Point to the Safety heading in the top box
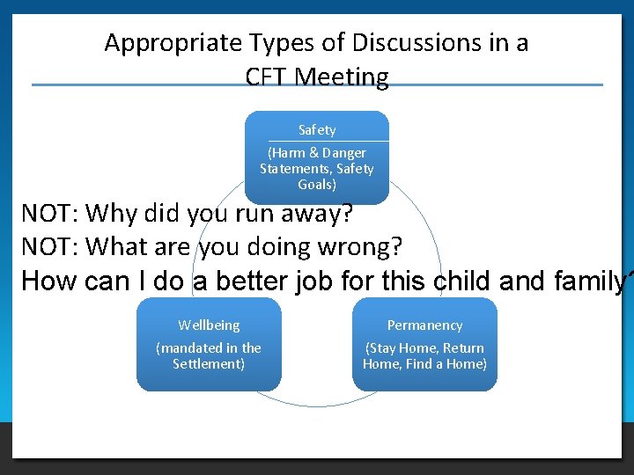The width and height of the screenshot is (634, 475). [x=317, y=130]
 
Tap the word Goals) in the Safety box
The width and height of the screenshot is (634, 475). [x=317, y=185]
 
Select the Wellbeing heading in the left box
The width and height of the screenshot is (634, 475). [x=209, y=325]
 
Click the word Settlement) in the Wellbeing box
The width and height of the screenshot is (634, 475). [x=209, y=363]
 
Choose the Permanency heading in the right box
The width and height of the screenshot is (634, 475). [x=424, y=325]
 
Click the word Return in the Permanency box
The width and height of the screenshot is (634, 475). [x=463, y=348]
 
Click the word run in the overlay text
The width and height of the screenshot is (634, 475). [x=254, y=214]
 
